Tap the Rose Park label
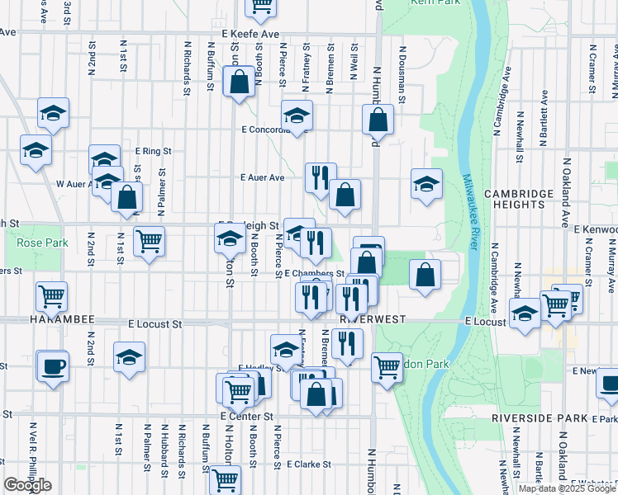[x=31, y=243]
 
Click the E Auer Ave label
[x=262, y=177]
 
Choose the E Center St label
[x=246, y=417]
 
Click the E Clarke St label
[x=303, y=464]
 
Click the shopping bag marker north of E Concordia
[x=239, y=82]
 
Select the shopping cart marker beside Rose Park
[x=149, y=242]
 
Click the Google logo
[x=27, y=485]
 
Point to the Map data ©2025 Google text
[x=567, y=488]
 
